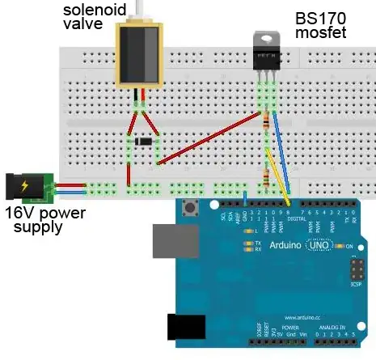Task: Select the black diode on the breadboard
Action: coord(142,143)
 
